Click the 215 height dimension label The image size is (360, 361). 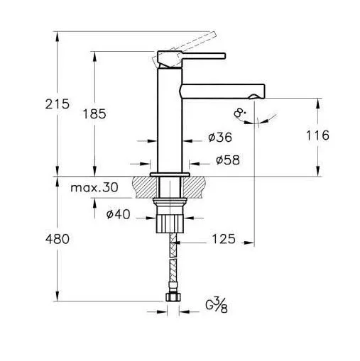pyautogui.click(x=58, y=104)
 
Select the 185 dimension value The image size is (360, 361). pyautogui.click(x=94, y=114)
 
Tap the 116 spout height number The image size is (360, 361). pyautogui.click(x=317, y=135)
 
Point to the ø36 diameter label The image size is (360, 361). pyautogui.click(x=220, y=138)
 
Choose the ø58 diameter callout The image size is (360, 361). pyautogui.click(x=228, y=160)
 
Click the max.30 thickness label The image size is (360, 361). pyautogui.click(x=94, y=187)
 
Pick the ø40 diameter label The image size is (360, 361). pyautogui.click(x=118, y=215)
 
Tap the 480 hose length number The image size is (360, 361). pyautogui.click(x=58, y=239)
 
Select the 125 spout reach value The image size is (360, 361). pyautogui.click(x=224, y=239)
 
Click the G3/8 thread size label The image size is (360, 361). pyautogui.click(x=217, y=306)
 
